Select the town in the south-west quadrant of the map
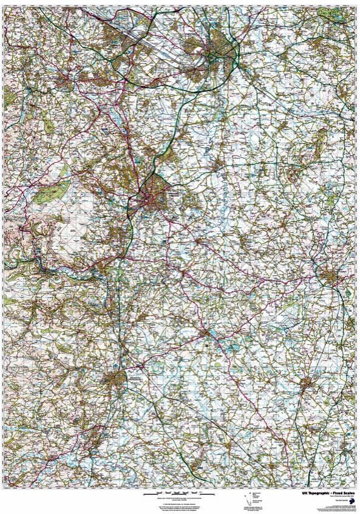click(x=115, y=380)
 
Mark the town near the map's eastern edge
click(x=331, y=277)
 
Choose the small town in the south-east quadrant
click(x=306, y=383)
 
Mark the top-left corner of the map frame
click(x=3, y=3)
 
